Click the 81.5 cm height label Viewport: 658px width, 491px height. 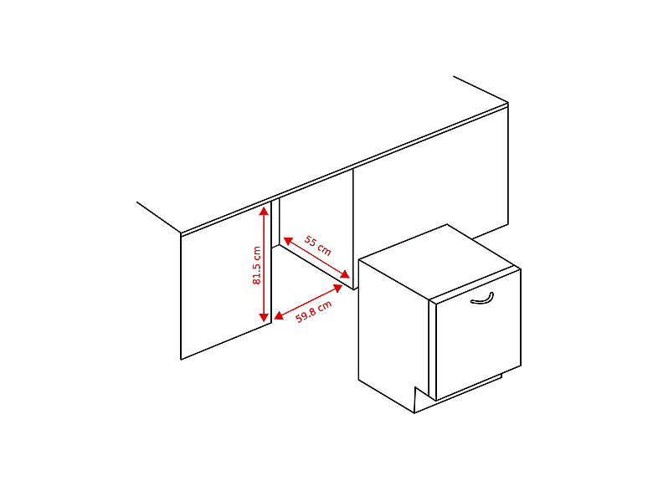(256, 265)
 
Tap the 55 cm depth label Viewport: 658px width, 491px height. (317, 246)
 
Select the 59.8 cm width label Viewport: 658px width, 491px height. (313, 311)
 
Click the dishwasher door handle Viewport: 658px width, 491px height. (481, 299)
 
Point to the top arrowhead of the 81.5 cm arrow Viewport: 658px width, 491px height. (264, 211)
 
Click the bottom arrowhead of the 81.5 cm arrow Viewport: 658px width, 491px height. (264, 317)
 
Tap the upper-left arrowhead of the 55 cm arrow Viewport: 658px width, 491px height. (288, 240)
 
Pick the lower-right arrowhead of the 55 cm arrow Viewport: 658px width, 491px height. (345, 274)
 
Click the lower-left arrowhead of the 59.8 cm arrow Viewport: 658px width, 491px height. (279, 315)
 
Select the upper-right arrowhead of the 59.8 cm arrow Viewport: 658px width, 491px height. (337, 288)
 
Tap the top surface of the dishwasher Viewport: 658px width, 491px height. (440, 262)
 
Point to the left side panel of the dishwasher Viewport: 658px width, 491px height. (393, 335)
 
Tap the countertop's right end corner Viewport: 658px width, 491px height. (508, 103)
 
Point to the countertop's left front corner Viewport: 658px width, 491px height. (181, 233)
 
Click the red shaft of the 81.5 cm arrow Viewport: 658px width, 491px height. (264, 264)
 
